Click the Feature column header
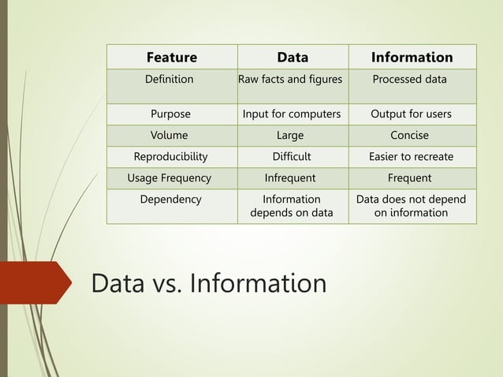(x=172, y=57)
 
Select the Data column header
(x=292, y=57)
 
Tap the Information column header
(x=412, y=57)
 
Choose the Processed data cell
(x=409, y=80)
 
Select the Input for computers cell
(x=292, y=114)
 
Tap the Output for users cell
(x=411, y=114)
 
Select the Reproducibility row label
(x=170, y=157)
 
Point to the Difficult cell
(x=292, y=157)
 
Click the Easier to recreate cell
(x=411, y=157)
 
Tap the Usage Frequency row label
(x=170, y=178)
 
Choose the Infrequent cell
(x=290, y=178)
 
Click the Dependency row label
(x=170, y=200)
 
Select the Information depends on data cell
(x=292, y=206)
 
